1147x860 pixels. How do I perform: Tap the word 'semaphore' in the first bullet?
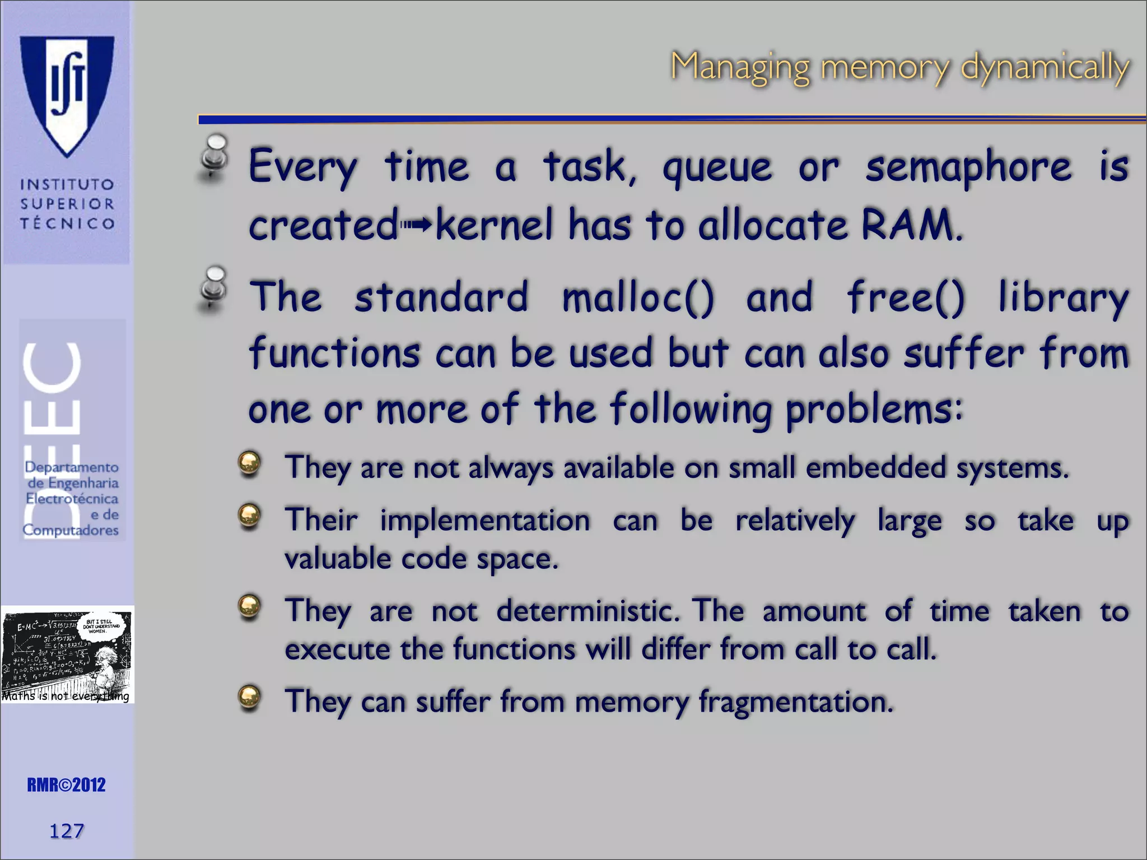[968, 167]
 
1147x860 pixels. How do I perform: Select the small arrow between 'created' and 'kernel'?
[417, 225]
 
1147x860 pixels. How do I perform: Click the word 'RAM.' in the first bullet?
[912, 225]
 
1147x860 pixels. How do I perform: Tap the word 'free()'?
[906, 297]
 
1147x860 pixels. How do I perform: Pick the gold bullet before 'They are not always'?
[249, 464]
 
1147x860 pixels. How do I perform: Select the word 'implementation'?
[485, 520]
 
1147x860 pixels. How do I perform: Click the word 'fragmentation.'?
[796, 702]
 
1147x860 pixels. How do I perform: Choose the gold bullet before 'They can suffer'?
[249, 697]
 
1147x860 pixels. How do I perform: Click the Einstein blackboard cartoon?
[67, 654]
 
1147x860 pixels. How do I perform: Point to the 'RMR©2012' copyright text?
[66, 785]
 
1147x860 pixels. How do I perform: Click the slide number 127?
[67, 831]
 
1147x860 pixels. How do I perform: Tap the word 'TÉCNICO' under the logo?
[67, 223]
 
